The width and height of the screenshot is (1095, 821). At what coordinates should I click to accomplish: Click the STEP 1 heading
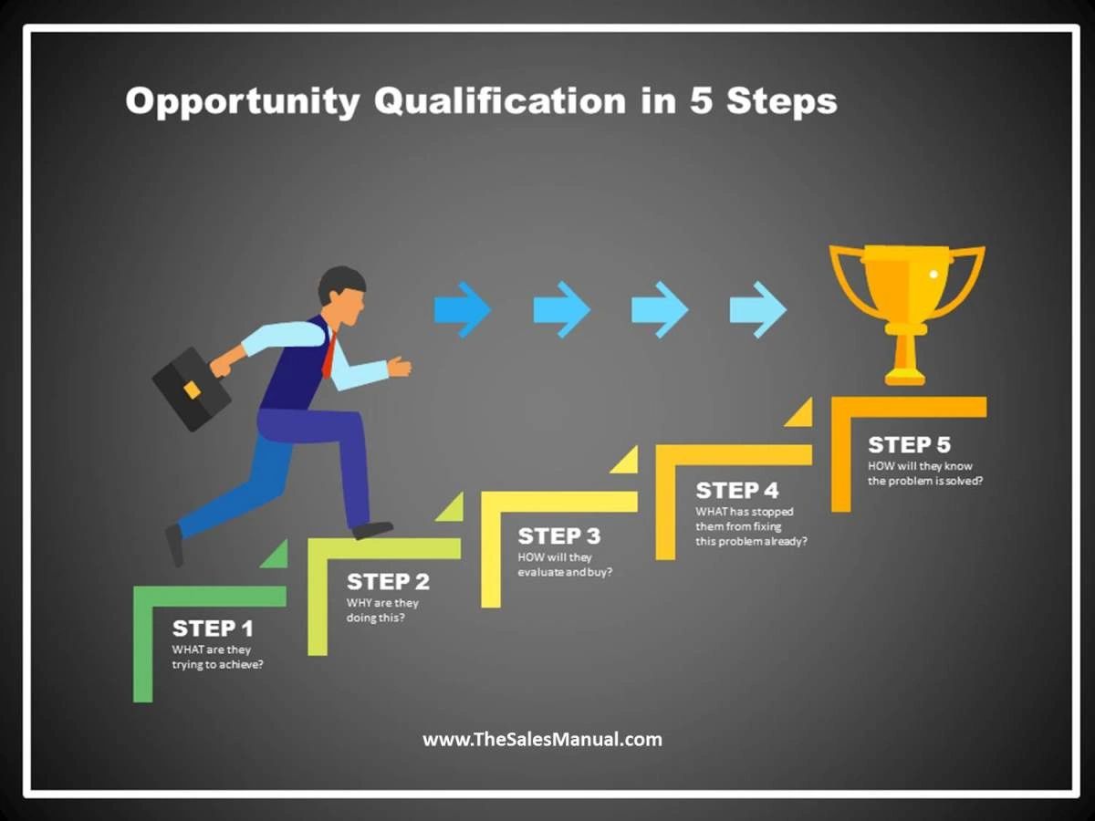213,629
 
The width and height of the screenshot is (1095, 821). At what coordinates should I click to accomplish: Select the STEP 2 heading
388,581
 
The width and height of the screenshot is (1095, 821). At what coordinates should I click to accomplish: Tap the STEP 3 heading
559,535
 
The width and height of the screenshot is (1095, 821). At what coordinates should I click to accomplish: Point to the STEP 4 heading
737,491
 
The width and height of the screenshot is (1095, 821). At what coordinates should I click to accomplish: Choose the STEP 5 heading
909,445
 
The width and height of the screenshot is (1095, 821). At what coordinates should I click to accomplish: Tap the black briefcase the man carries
191,389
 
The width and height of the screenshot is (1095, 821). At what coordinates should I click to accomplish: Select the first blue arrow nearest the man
462,310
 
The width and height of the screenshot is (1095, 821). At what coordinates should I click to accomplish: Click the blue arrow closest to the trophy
757,310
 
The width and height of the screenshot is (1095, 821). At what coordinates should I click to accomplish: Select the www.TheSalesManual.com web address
542,739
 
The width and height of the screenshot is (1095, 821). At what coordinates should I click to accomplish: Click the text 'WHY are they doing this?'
382,610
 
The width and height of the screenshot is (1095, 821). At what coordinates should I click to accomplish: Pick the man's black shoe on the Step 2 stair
372,529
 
